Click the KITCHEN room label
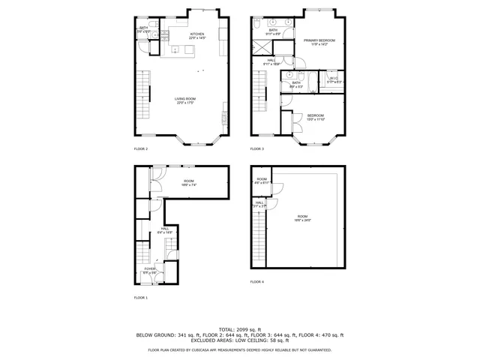[197, 34]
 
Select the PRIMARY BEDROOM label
[319, 40]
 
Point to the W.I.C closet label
[334, 78]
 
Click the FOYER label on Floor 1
[150, 268]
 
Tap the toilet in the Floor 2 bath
[154, 34]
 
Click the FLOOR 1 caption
[141, 298]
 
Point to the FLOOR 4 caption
[257, 281]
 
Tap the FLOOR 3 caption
[257, 148]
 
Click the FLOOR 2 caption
[141, 148]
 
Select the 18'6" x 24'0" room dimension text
[302, 220]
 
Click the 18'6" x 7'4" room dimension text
[188, 184]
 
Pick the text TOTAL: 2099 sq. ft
[239, 329]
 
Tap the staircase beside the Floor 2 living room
[142, 94]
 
